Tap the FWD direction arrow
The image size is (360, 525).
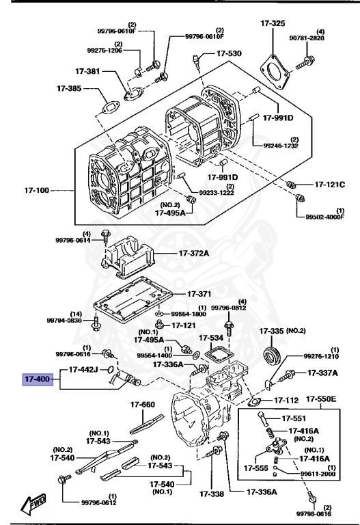tap(34, 505)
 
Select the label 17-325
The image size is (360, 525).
tap(273, 24)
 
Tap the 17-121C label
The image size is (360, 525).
tap(330, 185)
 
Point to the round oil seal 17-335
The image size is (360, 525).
tap(273, 356)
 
